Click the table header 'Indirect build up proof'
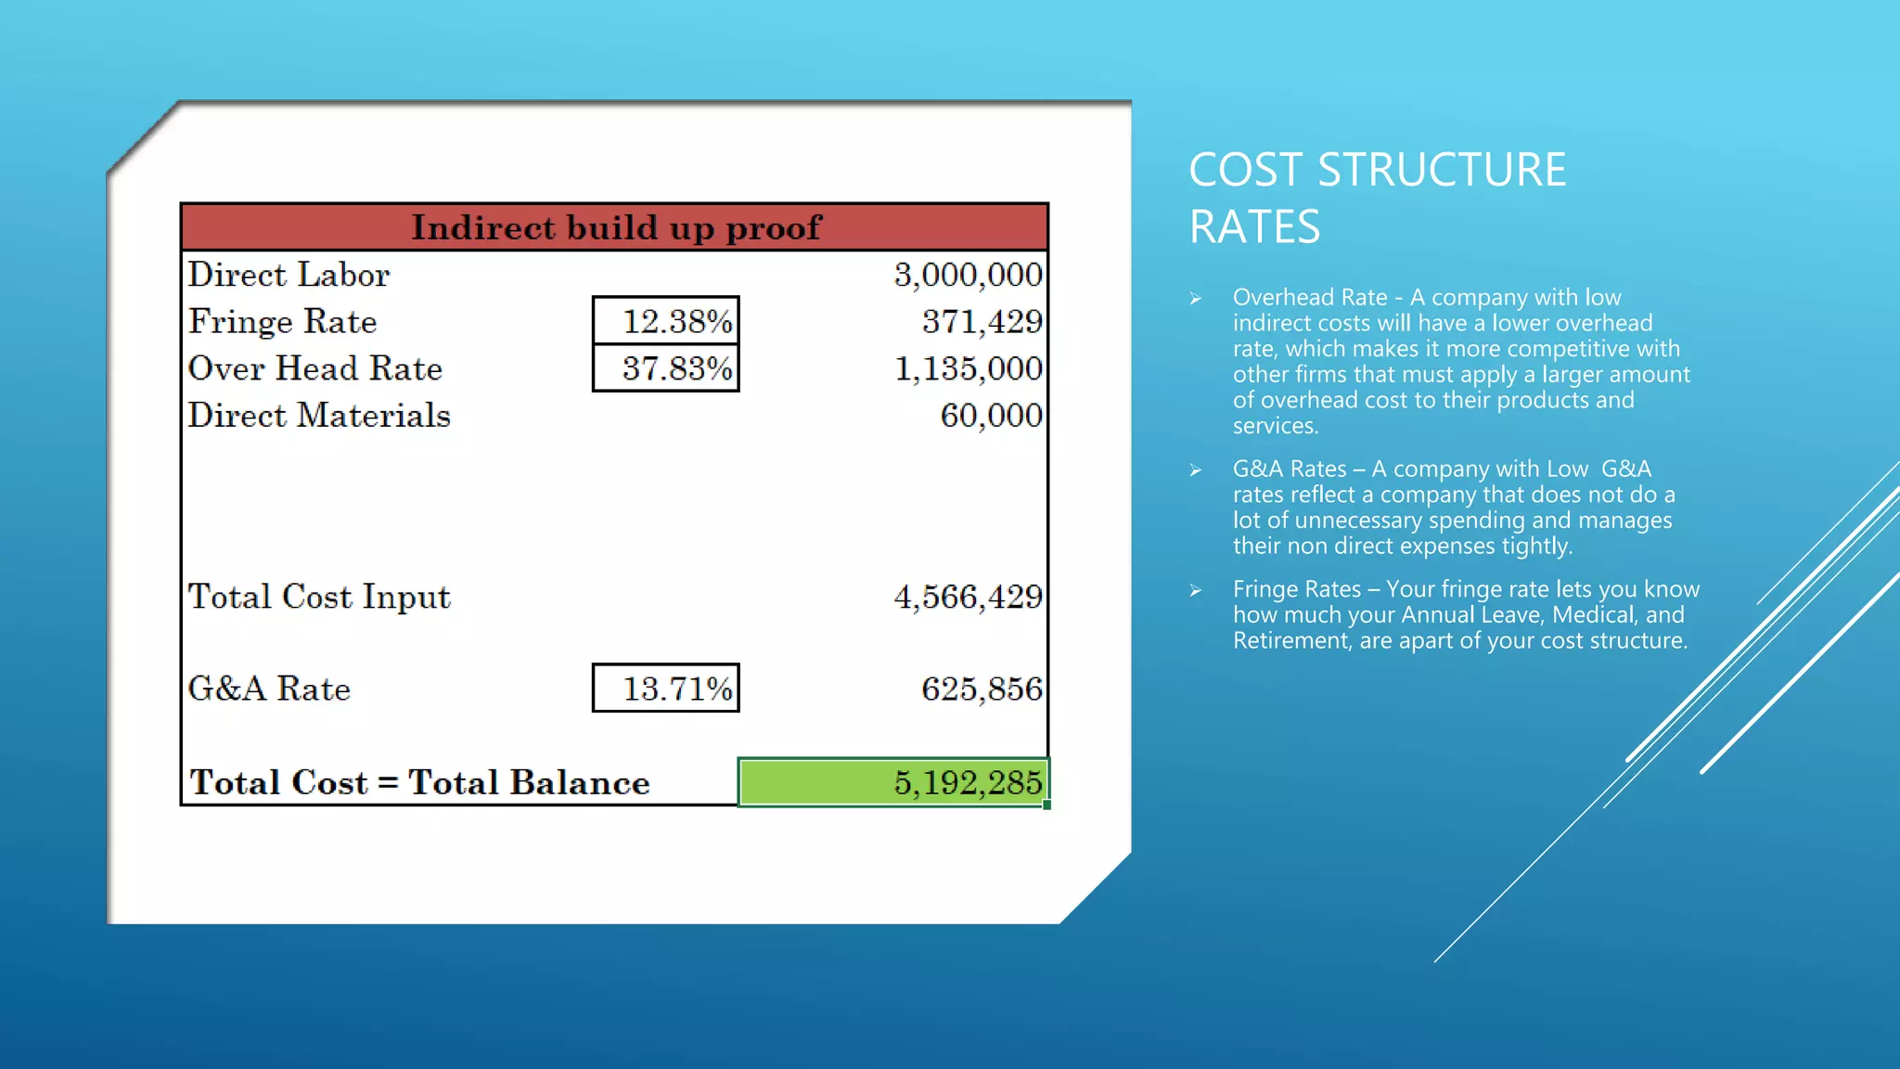615,227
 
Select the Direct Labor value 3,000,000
968,275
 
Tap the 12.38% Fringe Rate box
666,321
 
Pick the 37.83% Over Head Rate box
666,368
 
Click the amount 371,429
982,321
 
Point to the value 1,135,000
968,368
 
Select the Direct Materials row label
319,416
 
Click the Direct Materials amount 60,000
991,416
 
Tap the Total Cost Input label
319,597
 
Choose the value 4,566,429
968,597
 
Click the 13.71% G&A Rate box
666,689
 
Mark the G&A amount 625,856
982,689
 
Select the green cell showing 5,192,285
893,782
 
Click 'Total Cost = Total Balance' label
419,782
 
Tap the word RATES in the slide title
1254,227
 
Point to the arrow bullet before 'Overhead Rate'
1196,299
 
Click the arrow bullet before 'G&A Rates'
1196,470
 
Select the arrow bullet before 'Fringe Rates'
1196,590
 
